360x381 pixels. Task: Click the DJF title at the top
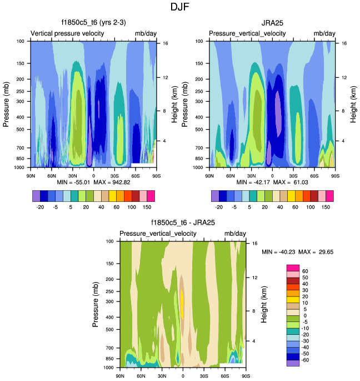pyautogui.click(x=180, y=8)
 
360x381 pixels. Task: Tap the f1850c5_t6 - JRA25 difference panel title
pyautogui.click(x=183, y=223)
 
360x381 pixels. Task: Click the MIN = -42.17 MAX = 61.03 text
pyautogui.click(x=272, y=182)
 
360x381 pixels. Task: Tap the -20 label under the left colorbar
pyautogui.click(x=41, y=205)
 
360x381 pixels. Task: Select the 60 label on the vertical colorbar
pyautogui.click(x=306, y=271)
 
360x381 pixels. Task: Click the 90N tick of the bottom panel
pyautogui.click(x=120, y=377)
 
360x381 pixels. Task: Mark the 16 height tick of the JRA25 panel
pyautogui.click(x=344, y=43)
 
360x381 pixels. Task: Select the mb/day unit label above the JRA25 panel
pyautogui.click(x=324, y=34)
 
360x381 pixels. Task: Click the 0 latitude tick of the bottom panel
pyautogui.click(x=183, y=377)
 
